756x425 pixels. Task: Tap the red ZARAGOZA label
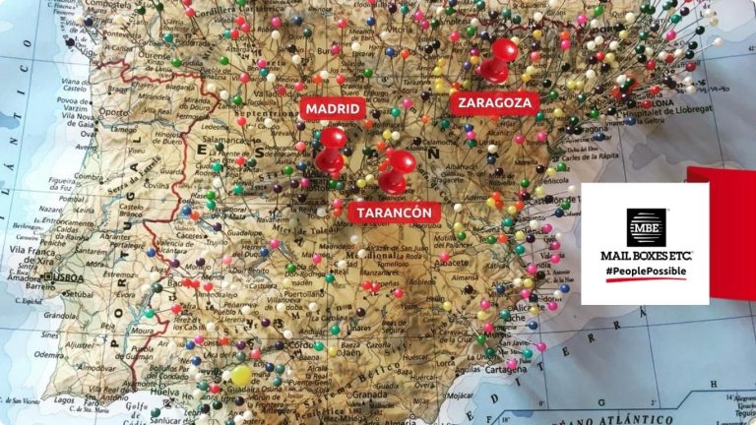point(495,102)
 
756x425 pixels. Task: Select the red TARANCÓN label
point(394,212)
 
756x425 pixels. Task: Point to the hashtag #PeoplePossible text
point(645,271)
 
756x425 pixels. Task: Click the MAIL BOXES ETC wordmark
point(646,255)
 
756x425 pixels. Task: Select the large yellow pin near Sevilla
point(241,375)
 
